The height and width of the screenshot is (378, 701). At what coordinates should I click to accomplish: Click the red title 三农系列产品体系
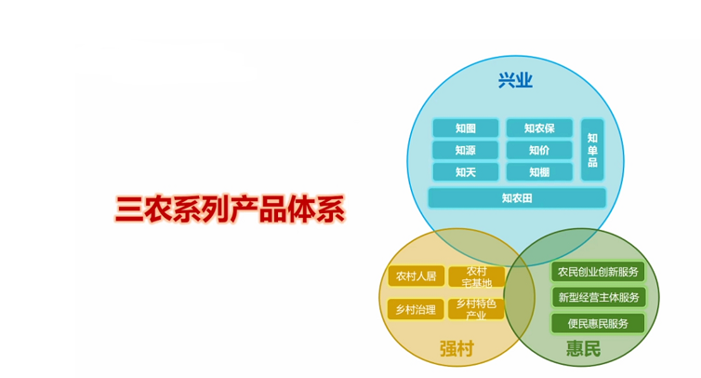coord(230,209)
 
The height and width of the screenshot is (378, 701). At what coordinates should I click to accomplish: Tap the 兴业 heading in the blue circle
coord(515,80)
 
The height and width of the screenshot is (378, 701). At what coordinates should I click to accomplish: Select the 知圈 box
coord(465,128)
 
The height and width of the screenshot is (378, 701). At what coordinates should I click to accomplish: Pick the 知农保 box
coord(539,128)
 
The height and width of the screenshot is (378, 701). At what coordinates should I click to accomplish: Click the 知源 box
coord(465,150)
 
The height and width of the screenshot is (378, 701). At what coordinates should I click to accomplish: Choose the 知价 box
coord(539,150)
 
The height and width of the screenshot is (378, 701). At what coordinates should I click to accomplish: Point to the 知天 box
coord(465,172)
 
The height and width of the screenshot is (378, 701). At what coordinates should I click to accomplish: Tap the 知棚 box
coord(539,172)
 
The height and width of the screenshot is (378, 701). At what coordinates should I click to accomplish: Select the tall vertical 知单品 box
coord(592,150)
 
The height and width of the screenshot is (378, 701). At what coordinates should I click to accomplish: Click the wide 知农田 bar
coord(517,198)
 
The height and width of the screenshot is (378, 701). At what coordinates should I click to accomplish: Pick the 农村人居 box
coord(416,277)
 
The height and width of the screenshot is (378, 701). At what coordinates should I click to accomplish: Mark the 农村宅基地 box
coord(476,277)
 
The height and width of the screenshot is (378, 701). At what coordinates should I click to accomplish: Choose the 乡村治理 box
coord(416,309)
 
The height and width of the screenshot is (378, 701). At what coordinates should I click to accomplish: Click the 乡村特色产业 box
coord(476,309)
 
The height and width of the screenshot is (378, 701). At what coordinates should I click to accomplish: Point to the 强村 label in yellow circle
coord(456,349)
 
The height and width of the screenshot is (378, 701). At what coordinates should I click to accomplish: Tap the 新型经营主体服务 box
coord(598,297)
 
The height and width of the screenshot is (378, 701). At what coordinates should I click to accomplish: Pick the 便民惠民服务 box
coord(598,323)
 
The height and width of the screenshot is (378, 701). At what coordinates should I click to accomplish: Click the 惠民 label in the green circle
coord(584,350)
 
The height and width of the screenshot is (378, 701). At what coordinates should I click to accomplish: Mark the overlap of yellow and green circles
coord(520,298)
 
